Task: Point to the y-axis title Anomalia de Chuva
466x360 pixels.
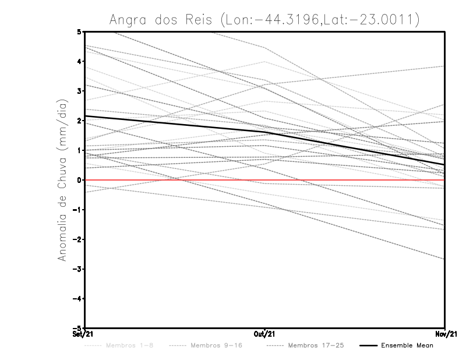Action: (61, 180)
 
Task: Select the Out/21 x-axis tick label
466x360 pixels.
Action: (265, 334)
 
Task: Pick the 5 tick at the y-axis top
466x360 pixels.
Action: (79, 31)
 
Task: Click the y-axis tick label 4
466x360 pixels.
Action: (79, 61)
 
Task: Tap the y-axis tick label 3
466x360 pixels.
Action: (79, 91)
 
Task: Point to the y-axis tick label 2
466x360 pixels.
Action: (79, 121)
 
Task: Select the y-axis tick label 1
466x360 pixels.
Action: (79, 150)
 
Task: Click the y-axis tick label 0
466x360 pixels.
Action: (79, 180)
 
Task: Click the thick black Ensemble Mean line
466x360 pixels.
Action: (175, 125)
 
